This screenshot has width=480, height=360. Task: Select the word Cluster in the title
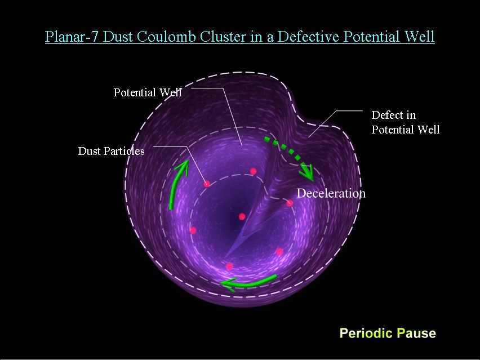tap(223, 37)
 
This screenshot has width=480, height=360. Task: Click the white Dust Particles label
tap(111, 151)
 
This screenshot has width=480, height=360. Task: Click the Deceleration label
tap(331, 193)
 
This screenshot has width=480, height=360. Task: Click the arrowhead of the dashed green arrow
tap(308, 174)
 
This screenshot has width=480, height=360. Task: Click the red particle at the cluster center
tap(242, 217)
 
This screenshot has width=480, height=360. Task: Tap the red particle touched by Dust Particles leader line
tap(207, 184)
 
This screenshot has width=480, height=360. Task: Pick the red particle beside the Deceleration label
tap(290, 203)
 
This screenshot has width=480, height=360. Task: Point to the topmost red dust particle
tap(253, 171)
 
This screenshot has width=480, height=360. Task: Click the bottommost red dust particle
tap(229, 266)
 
